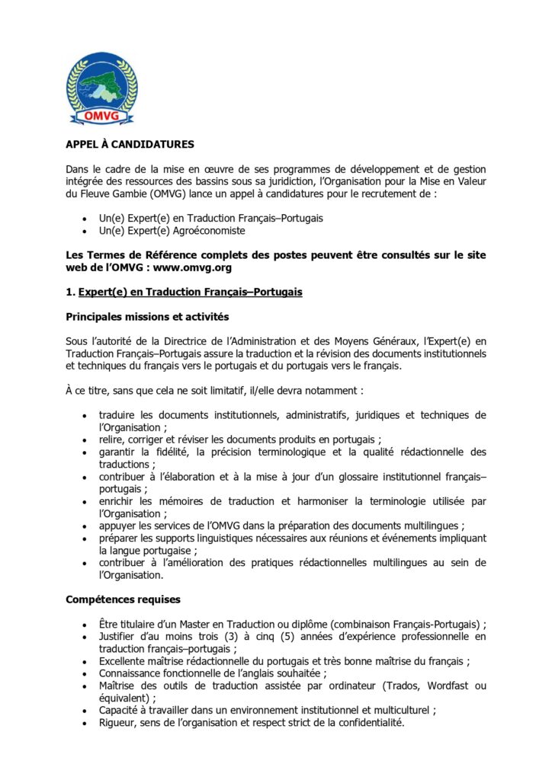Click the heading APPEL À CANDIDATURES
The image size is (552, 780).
(130, 144)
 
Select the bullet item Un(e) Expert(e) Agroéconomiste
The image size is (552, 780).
(172, 230)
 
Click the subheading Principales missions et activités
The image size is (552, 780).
(147, 316)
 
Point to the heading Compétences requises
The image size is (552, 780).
(123, 599)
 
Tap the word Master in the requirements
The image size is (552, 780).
(190, 624)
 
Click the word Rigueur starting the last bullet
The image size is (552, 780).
(120, 722)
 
